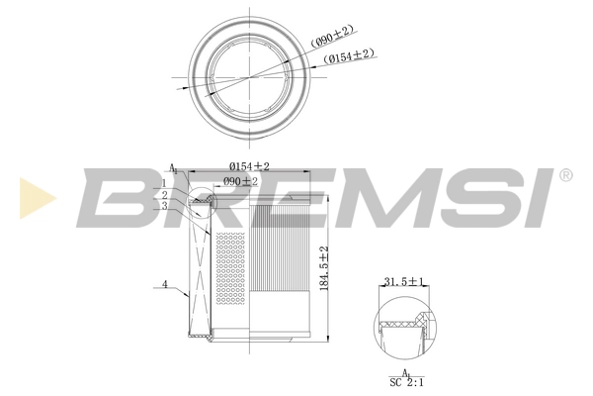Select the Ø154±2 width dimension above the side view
pyautogui.click(x=249, y=165)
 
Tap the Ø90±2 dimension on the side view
pyautogui.click(x=239, y=181)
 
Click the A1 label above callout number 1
pyautogui.click(x=173, y=169)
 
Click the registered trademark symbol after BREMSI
pyautogui.click(x=565, y=176)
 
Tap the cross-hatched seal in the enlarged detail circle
pyautogui.click(x=420, y=320)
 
